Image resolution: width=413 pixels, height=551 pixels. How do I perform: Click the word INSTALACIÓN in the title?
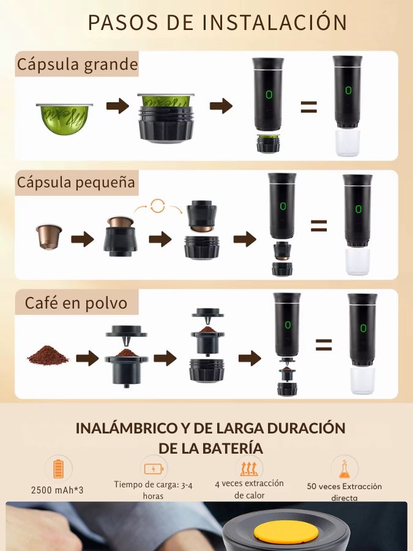point(275,22)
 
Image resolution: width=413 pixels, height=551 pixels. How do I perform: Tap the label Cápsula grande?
point(77,64)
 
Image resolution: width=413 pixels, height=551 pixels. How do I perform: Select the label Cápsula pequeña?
point(76,182)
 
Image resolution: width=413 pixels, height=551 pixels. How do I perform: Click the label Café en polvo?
point(76,303)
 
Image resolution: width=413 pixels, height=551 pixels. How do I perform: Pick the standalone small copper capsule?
point(49,237)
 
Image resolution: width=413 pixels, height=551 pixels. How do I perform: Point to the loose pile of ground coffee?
point(48,355)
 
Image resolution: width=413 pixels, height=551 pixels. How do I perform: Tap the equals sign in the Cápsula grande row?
point(309,107)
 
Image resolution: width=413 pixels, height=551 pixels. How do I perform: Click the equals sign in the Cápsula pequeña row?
point(319,226)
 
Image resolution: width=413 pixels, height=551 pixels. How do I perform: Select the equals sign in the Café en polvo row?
point(324,345)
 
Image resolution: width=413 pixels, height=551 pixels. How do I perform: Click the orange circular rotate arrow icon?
point(158,206)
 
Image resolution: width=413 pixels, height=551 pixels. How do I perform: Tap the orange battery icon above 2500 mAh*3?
point(59,470)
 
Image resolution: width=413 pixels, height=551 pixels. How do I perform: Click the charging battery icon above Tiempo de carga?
point(154,469)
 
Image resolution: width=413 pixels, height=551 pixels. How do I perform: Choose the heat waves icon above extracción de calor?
point(249,468)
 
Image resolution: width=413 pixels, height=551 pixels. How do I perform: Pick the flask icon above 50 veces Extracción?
point(344,469)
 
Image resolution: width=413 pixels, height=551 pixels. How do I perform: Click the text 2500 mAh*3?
point(58,490)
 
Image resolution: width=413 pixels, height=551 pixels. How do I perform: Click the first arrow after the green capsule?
point(117,106)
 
